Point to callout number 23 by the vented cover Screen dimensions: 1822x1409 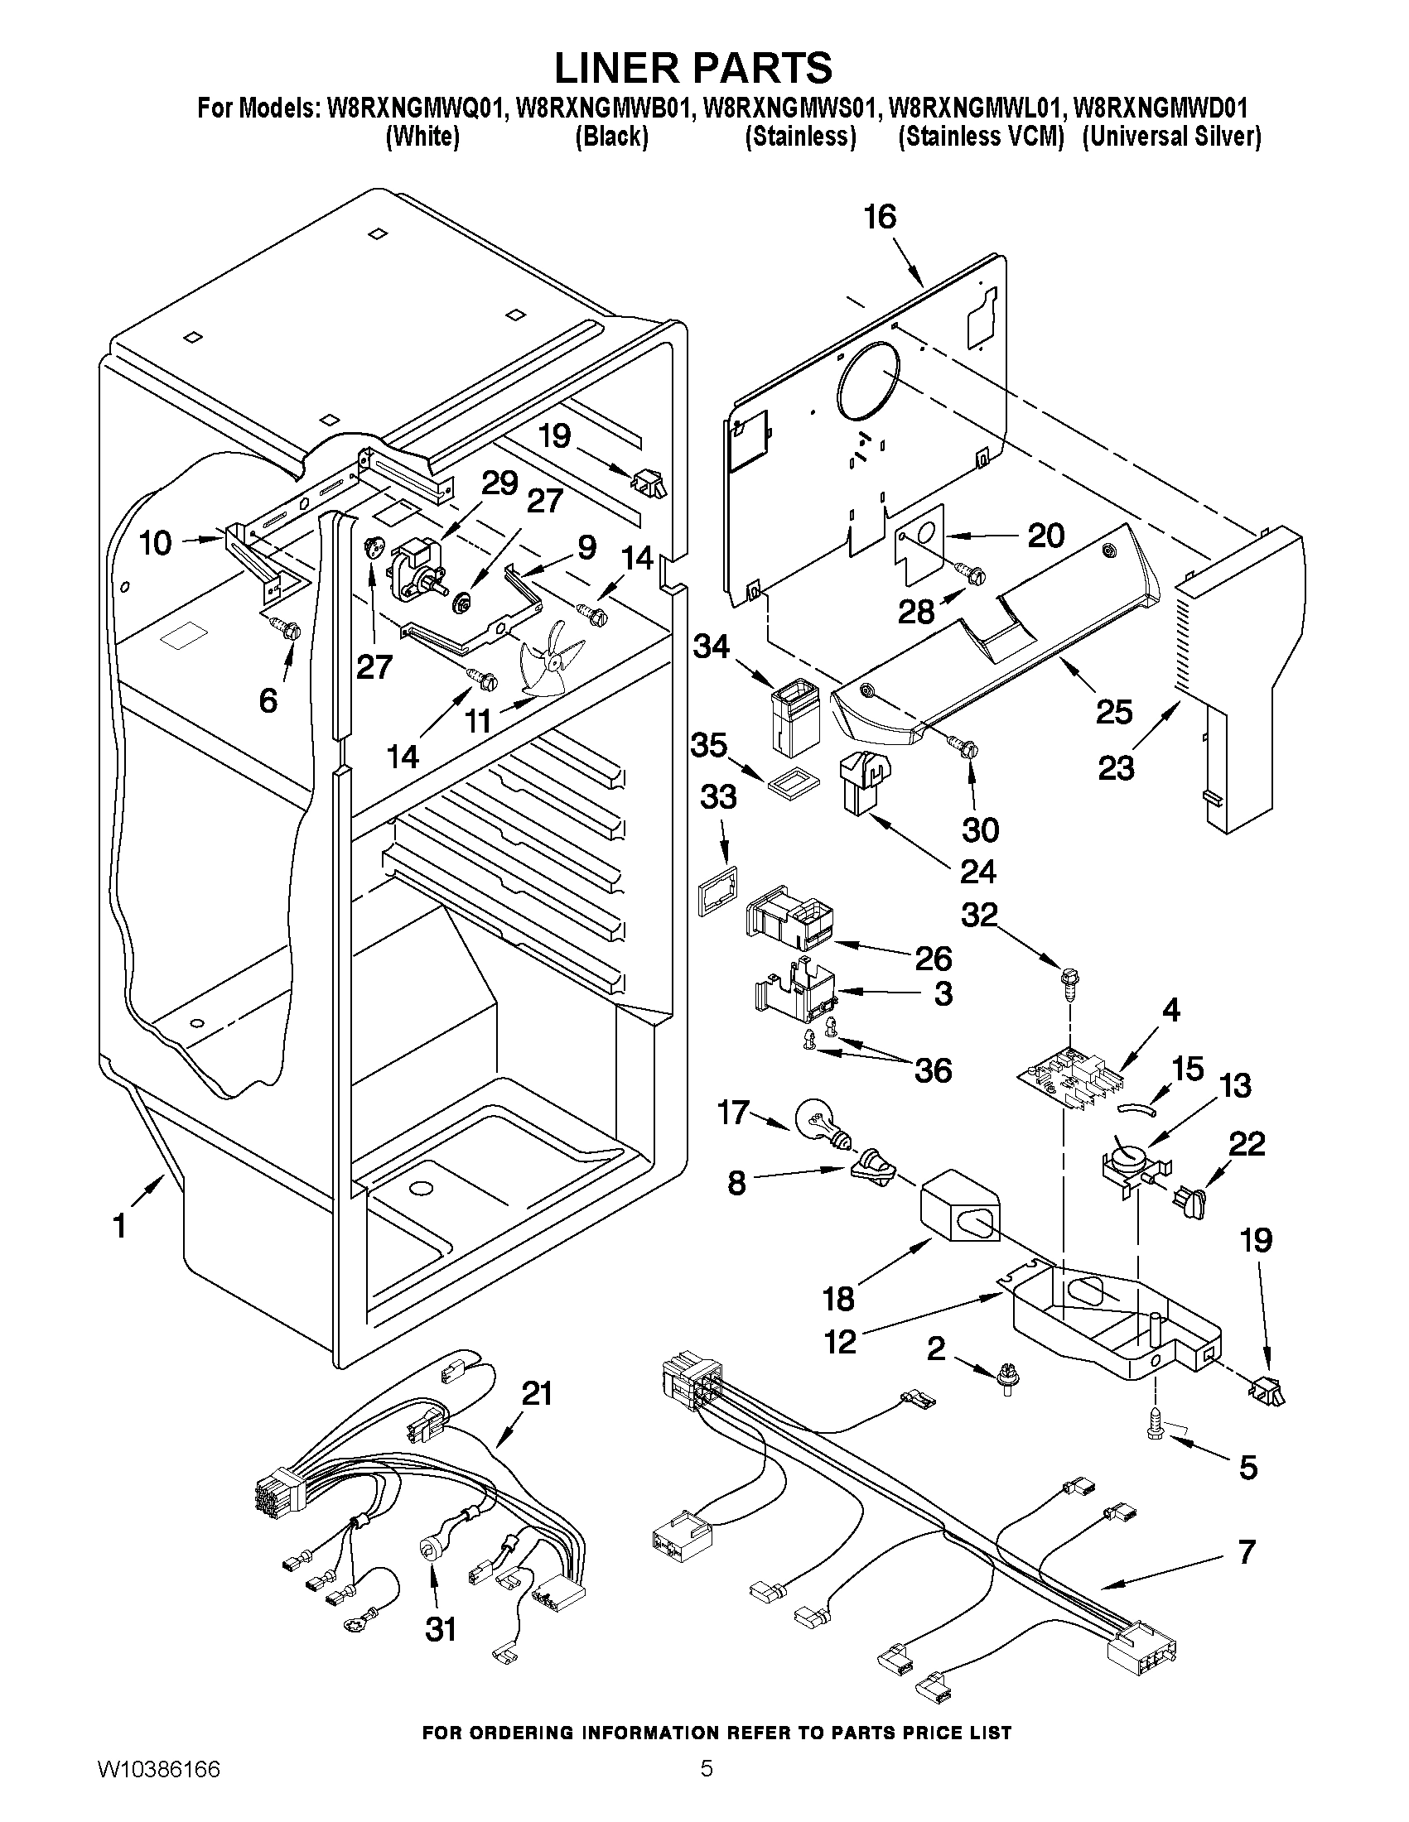(x=1116, y=767)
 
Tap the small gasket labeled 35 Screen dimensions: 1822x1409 (x=788, y=782)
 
